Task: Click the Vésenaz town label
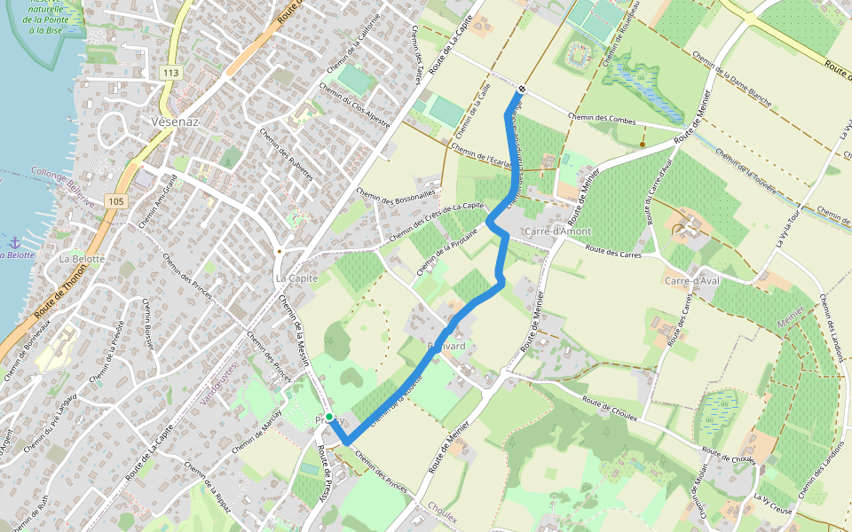pos(174,121)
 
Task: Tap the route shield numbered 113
pos(171,71)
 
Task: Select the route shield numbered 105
pos(116,201)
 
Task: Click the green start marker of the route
pos(329,417)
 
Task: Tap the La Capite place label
pos(296,278)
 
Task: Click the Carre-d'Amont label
pos(557,231)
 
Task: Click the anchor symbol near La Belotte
pos(14,242)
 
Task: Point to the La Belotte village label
pos(82,259)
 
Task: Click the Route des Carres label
pos(611,254)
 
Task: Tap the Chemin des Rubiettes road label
pos(287,155)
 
